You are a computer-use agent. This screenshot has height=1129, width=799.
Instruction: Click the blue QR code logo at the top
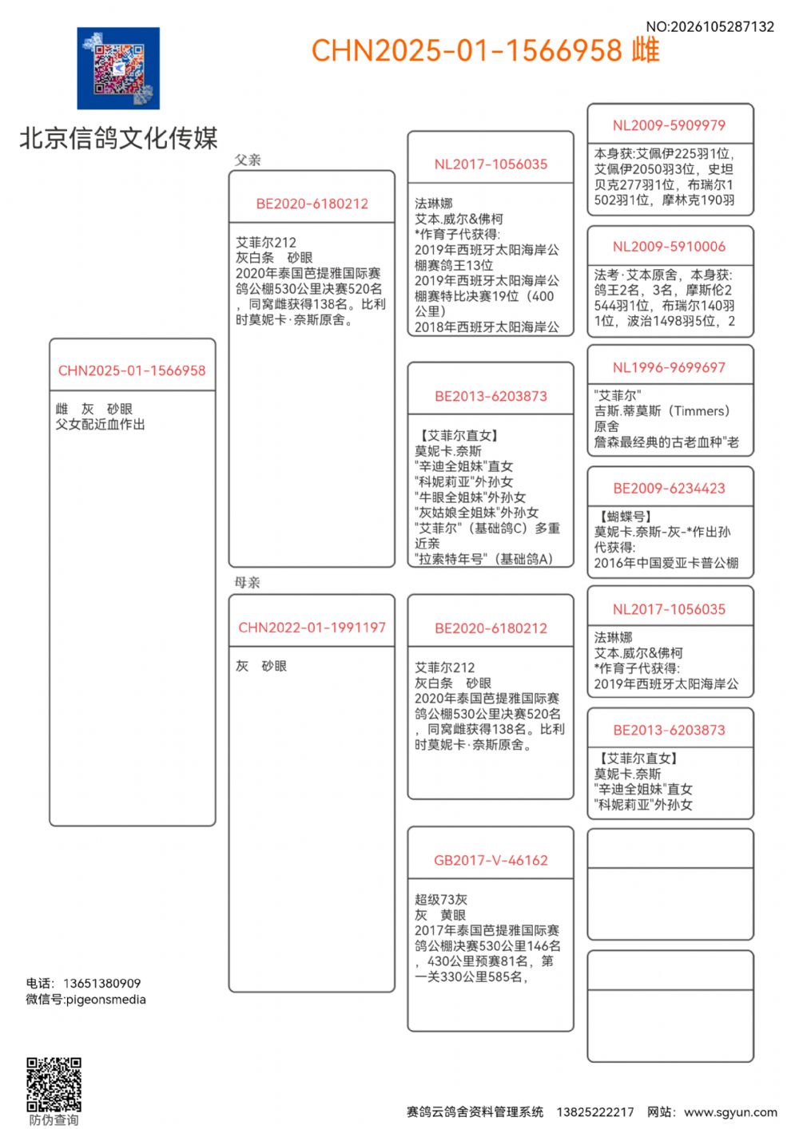[118, 69]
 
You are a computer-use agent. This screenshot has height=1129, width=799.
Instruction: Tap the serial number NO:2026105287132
[710, 26]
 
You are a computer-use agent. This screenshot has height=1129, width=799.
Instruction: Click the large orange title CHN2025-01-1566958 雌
[485, 50]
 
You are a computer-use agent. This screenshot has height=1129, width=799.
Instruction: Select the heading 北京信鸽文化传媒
[118, 138]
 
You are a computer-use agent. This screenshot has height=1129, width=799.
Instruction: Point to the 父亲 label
[248, 160]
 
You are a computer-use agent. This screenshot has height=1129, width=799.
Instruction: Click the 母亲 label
[248, 582]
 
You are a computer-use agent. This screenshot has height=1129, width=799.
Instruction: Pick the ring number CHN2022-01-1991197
[312, 628]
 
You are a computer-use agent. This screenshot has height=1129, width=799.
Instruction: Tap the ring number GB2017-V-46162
[491, 860]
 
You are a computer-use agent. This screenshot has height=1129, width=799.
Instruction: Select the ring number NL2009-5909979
[670, 125]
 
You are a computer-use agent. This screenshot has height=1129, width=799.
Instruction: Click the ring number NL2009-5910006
[670, 247]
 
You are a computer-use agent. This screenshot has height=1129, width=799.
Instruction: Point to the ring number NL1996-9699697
[670, 367]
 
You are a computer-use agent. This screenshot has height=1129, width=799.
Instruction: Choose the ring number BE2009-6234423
[670, 489]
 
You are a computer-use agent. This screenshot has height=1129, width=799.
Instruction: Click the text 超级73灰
[441, 900]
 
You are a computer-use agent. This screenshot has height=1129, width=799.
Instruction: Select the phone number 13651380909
[101, 983]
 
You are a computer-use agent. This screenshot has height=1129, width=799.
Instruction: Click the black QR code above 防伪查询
[54, 1084]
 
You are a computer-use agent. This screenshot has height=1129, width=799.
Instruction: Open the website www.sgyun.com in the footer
[730, 1111]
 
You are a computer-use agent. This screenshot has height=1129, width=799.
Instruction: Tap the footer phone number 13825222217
[595, 1111]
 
